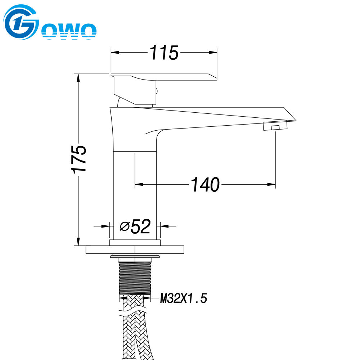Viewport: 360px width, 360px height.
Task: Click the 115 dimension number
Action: coord(164,53)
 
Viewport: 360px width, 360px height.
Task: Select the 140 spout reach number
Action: coord(205,185)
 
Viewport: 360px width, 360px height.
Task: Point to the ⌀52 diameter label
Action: coord(135,226)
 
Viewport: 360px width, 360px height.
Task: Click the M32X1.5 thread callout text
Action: coord(184,298)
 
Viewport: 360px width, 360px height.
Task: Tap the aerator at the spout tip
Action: coord(275,126)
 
